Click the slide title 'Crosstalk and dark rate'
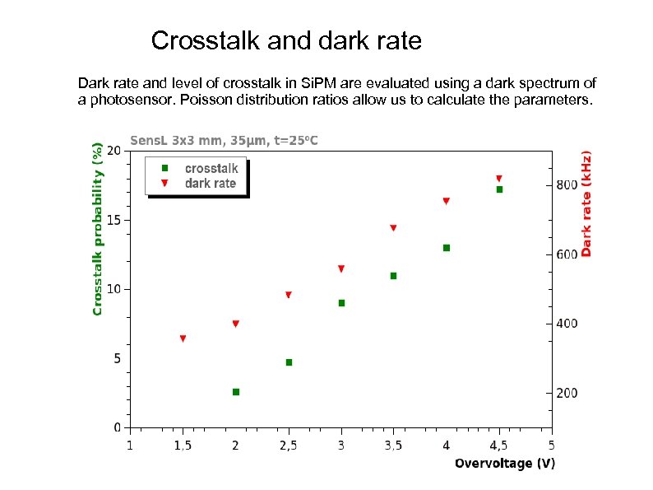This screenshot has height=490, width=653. point(286,40)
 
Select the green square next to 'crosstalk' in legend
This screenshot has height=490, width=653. point(164,168)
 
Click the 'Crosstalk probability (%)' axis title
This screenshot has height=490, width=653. point(98,229)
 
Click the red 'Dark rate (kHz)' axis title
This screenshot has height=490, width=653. point(586,203)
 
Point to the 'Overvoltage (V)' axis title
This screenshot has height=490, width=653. point(505,464)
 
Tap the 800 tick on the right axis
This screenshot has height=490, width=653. point(567,185)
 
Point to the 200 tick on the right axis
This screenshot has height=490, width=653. point(567,394)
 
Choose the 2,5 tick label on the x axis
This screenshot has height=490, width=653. point(289,446)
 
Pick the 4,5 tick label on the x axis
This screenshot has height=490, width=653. point(498,446)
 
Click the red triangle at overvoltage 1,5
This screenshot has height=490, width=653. point(183,338)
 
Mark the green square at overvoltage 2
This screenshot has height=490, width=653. point(236,392)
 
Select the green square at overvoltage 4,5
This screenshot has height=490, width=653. point(499,189)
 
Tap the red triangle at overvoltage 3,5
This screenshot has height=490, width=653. point(393,228)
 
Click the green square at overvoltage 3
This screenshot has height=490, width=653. point(341,303)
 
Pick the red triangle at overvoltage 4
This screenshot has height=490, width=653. point(446,201)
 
